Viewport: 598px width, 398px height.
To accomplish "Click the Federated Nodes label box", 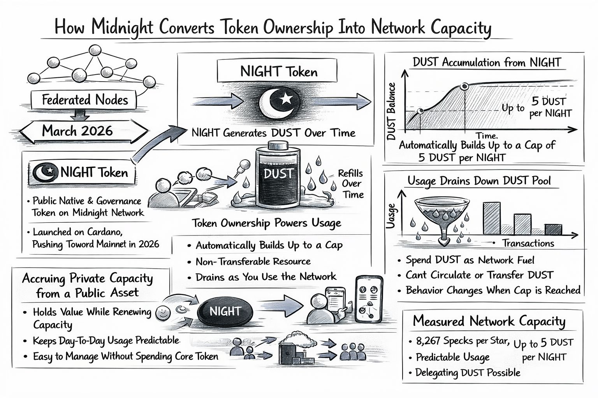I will point(84,100).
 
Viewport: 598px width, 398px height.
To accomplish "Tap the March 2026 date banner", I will point(77,131).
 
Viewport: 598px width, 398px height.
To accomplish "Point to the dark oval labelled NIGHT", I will point(225,312).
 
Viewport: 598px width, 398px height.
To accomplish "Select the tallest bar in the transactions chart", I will point(492,218).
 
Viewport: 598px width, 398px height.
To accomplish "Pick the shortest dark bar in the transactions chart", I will point(553,229).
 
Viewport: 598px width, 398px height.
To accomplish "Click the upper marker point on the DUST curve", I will point(464,86).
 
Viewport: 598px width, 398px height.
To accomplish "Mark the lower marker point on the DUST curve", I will point(420,111).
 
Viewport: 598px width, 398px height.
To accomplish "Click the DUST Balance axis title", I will point(391,111).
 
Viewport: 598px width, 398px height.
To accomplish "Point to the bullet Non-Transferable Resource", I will point(253,261).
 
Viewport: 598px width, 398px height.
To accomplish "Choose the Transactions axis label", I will point(528,243).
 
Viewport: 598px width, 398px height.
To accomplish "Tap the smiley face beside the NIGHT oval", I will point(161,312).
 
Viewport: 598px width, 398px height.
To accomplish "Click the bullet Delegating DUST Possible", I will point(468,372).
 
